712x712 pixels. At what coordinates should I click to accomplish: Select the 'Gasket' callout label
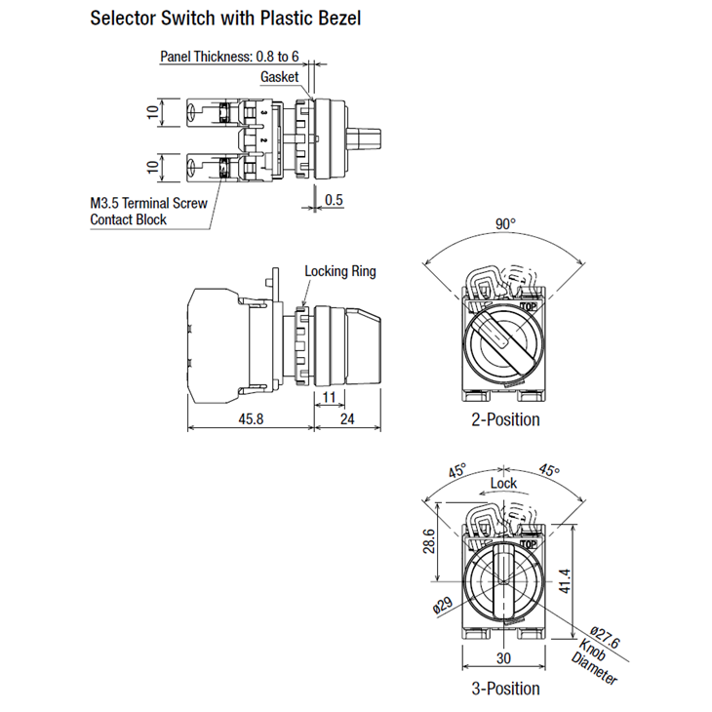click(x=279, y=77)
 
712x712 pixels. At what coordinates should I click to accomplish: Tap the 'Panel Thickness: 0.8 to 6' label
click(x=229, y=56)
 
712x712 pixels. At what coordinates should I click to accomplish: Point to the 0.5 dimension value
click(x=334, y=200)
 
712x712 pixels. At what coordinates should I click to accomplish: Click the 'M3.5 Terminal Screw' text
click(x=149, y=204)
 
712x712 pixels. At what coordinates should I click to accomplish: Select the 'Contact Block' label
click(x=128, y=220)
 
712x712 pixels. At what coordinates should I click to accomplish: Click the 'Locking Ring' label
click(x=339, y=271)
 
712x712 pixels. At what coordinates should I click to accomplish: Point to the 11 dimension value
click(x=328, y=397)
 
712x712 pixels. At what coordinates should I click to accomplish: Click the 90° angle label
click(x=505, y=224)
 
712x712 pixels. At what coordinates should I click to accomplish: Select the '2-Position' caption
click(x=505, y=419)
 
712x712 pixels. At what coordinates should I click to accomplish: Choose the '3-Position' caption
click(x=505, y=688)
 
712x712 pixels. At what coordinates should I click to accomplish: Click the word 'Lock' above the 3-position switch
click(x=504, y=483)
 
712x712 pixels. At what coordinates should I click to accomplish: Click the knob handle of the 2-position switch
click(x=499, y=340)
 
